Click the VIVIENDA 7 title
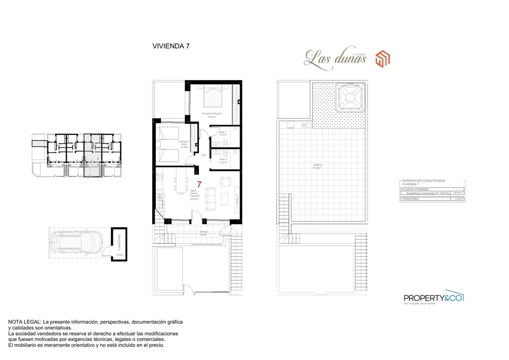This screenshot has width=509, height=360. pos(170,46)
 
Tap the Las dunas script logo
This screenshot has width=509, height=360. pos(336,59)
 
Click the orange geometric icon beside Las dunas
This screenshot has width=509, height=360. pos(382,58)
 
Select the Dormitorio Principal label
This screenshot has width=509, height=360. pos(211,114)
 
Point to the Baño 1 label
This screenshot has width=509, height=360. pos(223,133)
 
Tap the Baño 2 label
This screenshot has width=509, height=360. pos(223,160)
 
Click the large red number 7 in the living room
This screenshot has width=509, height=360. pos(199,184)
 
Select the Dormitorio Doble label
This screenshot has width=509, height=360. pos(184,144)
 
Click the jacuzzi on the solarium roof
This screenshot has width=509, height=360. pos(348,98)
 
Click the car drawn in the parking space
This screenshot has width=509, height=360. pos(74,243)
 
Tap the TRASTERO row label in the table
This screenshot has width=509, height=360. pos(410,199)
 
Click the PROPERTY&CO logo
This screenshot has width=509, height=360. pos(433,298)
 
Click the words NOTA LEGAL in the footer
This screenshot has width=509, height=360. pos(24,322)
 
